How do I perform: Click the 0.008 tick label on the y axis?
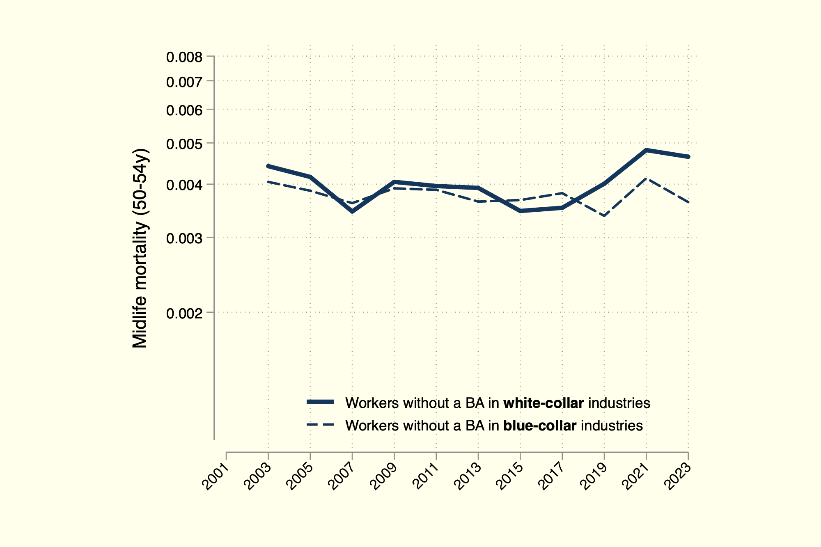tap(184, 57)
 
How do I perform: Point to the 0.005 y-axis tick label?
tap(184, 144)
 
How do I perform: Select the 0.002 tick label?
tap(184, 314)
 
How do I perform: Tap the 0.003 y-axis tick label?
tap(184, 238)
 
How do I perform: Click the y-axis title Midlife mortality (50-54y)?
tap(140, 248)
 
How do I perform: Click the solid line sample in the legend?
tap(321, 402)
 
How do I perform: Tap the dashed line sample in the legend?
tap(321, 425)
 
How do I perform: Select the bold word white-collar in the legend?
tap(544, 403)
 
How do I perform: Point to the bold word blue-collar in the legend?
tap(540, 426)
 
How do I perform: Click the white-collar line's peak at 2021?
tap(646, 150)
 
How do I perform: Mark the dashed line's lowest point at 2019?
tap(604, 216)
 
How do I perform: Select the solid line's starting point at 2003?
tap(268, 166)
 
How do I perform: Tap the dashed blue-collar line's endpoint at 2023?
tap(688, 202)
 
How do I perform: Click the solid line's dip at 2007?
tap(352, 211)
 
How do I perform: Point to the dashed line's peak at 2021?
tap(646, 179)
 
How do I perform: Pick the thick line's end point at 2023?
tap(688, 157)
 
